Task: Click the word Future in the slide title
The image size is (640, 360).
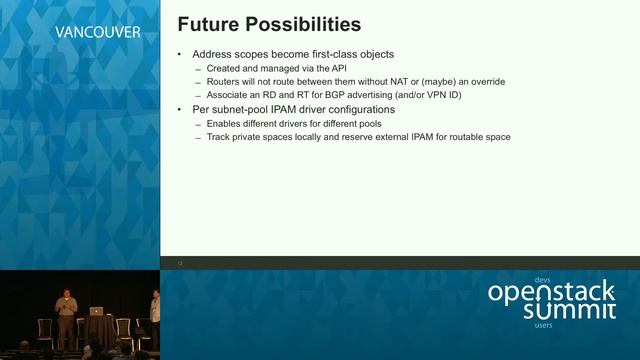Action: (x=204, y=23)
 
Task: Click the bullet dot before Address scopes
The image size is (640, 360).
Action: (x=179, y=54)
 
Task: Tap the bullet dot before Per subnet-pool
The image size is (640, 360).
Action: (x=179, y=108)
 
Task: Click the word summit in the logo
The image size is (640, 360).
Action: (x=570, y=312)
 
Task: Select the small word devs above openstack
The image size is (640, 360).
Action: (x=543, y=280)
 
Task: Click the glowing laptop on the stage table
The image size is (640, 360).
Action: (x=97, y=310)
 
